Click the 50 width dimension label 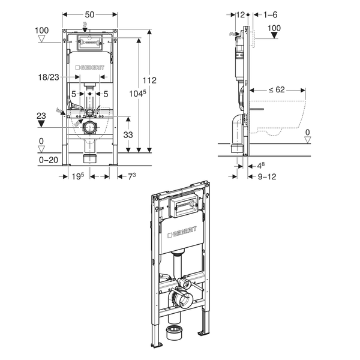click(x=89, y=14)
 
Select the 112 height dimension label click(x=149, y=80)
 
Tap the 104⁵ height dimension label click(x=137, y=94)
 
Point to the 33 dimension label click(x=128, y=135)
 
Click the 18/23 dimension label click(x=49, y=77)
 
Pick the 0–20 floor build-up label click(x=49, y=160)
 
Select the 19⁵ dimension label click(x=78, y=176)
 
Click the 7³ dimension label click(x=132, y=176)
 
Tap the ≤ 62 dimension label click(x=277, y=89)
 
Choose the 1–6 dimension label click(x=270, y=14)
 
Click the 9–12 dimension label click(x=267, y=176)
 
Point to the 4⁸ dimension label click(x=261, y=166)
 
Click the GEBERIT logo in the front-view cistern click(x=90, y=67)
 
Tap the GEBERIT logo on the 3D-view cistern click(x=182, y=232)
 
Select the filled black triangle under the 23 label click(x=41, y=124)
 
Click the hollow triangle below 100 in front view click(x=41, y=39)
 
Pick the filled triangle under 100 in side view click(x=274, y=35)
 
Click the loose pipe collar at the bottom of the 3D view click(x=174, y=332)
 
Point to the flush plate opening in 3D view click(x=183, y=205)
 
